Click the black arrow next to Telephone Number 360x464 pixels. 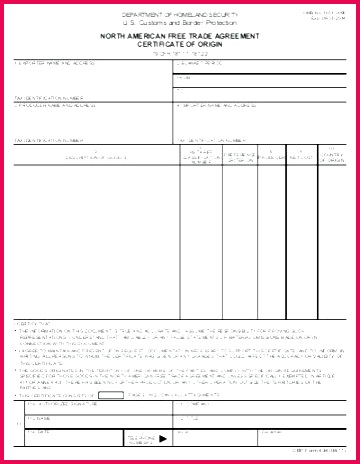click(163, 437)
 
